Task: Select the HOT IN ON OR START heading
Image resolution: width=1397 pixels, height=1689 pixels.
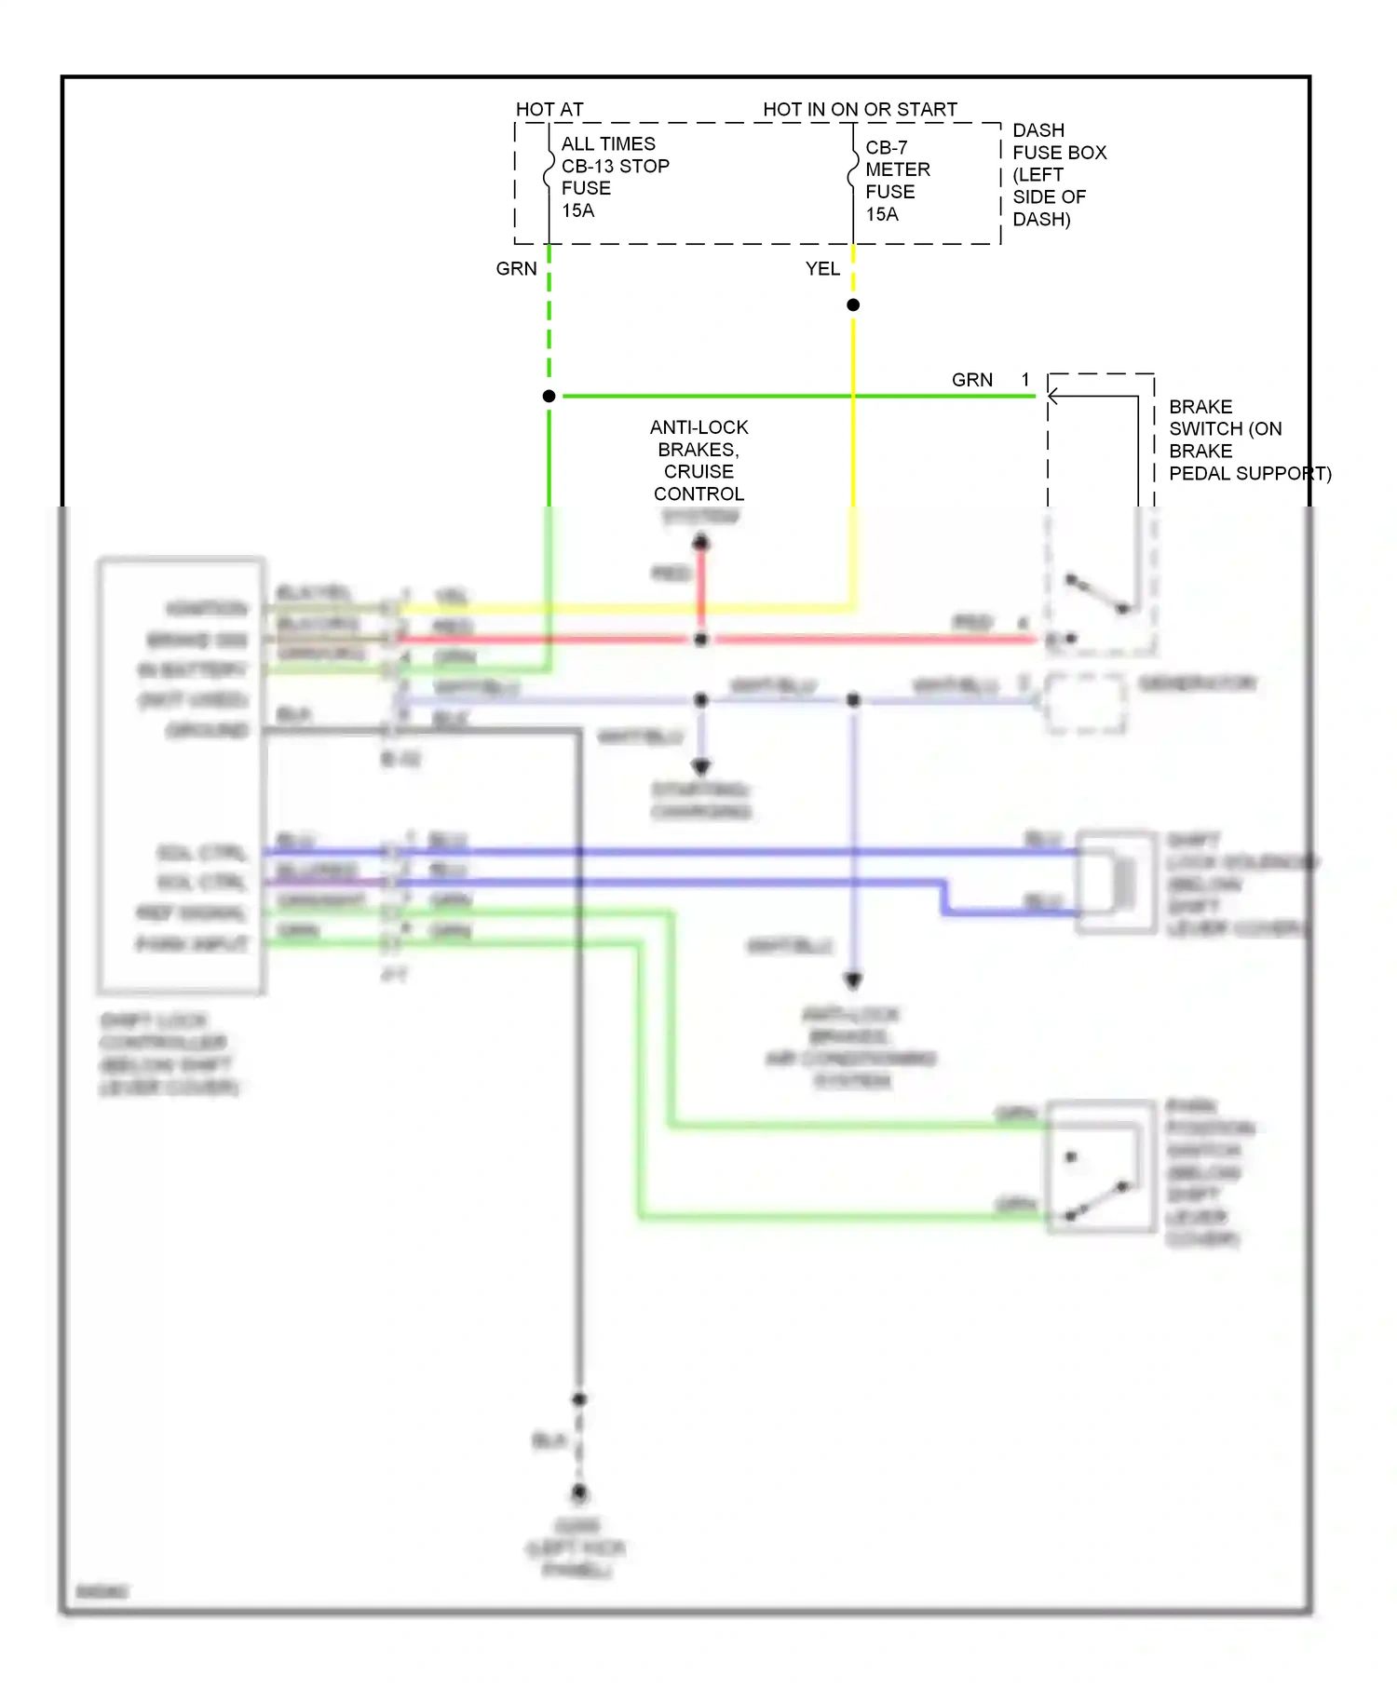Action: (x=860, y=109)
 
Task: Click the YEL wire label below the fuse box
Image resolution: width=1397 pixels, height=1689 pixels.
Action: (x=822, y=269)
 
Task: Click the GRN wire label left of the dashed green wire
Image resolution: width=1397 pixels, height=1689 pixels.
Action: (x=516, y=269)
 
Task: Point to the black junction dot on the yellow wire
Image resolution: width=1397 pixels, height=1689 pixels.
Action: (x=853, y=305)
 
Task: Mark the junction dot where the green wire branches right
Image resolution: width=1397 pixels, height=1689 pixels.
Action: (x=549, y=397)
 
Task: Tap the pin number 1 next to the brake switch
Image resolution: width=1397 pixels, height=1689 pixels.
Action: (x=1025, y=380)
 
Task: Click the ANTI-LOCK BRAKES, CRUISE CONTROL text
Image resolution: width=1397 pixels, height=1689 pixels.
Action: (x=698, y=461)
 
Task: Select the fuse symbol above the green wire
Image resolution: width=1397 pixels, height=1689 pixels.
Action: (x=549, y=176)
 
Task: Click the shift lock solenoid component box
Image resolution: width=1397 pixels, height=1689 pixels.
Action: (x=1116, y=882)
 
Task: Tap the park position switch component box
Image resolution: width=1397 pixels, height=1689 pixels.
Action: (x=1101, y=1167)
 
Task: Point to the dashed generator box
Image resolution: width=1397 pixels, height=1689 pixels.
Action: (x=1085, y=703)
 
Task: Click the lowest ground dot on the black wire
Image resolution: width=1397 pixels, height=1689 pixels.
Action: (x=579, y=1493)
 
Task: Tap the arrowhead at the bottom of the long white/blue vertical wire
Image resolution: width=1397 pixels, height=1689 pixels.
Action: (x=853, y=980)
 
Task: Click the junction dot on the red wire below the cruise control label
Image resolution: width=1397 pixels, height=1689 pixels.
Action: (x=701, y=640)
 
